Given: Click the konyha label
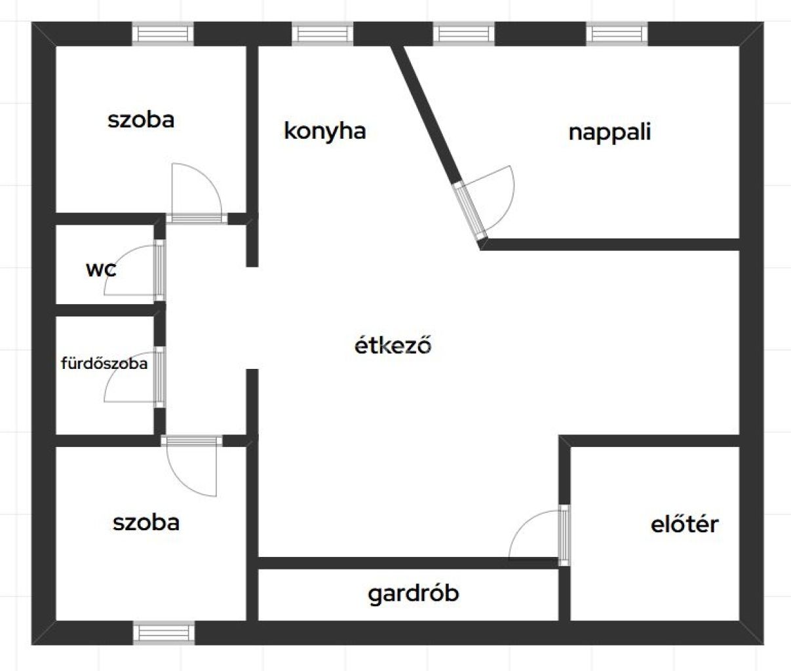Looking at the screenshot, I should pyautogui.click(x=324, y=131).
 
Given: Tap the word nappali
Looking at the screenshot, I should pyautogui.click(x=609, y=132).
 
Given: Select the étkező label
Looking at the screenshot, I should pyautogui.click(x=393, y=345).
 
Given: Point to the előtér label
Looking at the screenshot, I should pyautogui.click(x=684, y=524).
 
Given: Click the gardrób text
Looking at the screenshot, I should pyautogui.click(x=413, y=594).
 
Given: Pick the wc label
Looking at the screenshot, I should pyautogui.click(x=101, y=269).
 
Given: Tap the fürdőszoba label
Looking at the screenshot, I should pyautogui.click(x=104, y=363).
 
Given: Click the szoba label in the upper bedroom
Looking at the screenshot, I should pyautogui.click(x=141, y=120).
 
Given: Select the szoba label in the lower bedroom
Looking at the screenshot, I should pyautogui.click(x=146, y=522).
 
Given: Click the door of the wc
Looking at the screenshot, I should pyautogui.click(x=159, y=270).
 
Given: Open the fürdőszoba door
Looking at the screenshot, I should pyautogui.click(x=159, y=377).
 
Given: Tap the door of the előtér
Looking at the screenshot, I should pyautogui.click(x=564, y=535).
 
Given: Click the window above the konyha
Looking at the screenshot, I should pyautogui.click(x=322, y=33).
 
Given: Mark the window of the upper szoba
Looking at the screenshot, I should pyautogui.click(x=163, y=33).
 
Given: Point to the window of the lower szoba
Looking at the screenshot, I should pyautogui.click(x=164, y=633).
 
